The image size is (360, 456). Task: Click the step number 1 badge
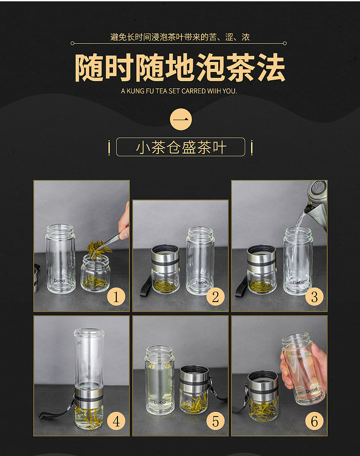[x=116, y=297]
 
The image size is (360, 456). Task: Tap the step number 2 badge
[x=216, y=297]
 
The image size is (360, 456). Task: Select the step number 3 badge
[x=314, y=297]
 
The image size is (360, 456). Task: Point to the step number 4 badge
[x=116, y=421]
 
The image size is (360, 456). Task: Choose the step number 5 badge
[x=216, y=421]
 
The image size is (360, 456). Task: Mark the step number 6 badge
[x=314, y=421]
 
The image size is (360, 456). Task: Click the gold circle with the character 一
[x=181, y=119]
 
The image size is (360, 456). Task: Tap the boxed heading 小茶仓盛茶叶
[x=181, y=147]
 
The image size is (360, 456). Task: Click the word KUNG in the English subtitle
[x=136, y=91]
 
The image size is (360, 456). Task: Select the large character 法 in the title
[x=271, y=68]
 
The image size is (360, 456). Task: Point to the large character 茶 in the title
[x=241, y=68]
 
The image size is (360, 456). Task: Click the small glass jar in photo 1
[x=95, y=273]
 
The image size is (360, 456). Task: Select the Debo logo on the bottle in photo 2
[x=201, y=282]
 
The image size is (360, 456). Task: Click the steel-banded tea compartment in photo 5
[x=194, y=389]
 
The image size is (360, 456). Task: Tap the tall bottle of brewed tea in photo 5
[x=159, y=380]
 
